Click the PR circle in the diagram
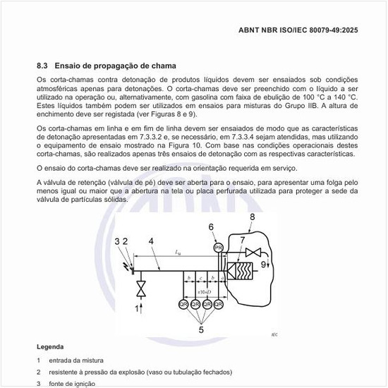coord(219,247)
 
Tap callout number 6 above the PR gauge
coord(211,226)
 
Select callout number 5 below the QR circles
coord(200,329)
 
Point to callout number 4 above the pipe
coord(150,241)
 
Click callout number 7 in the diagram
coord(243,241)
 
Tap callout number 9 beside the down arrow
coord(264,265)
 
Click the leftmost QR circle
coord(183,304)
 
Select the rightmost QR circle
coord(219,304)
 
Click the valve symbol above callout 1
coord(140,289)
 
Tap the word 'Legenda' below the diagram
coord(50,347)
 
